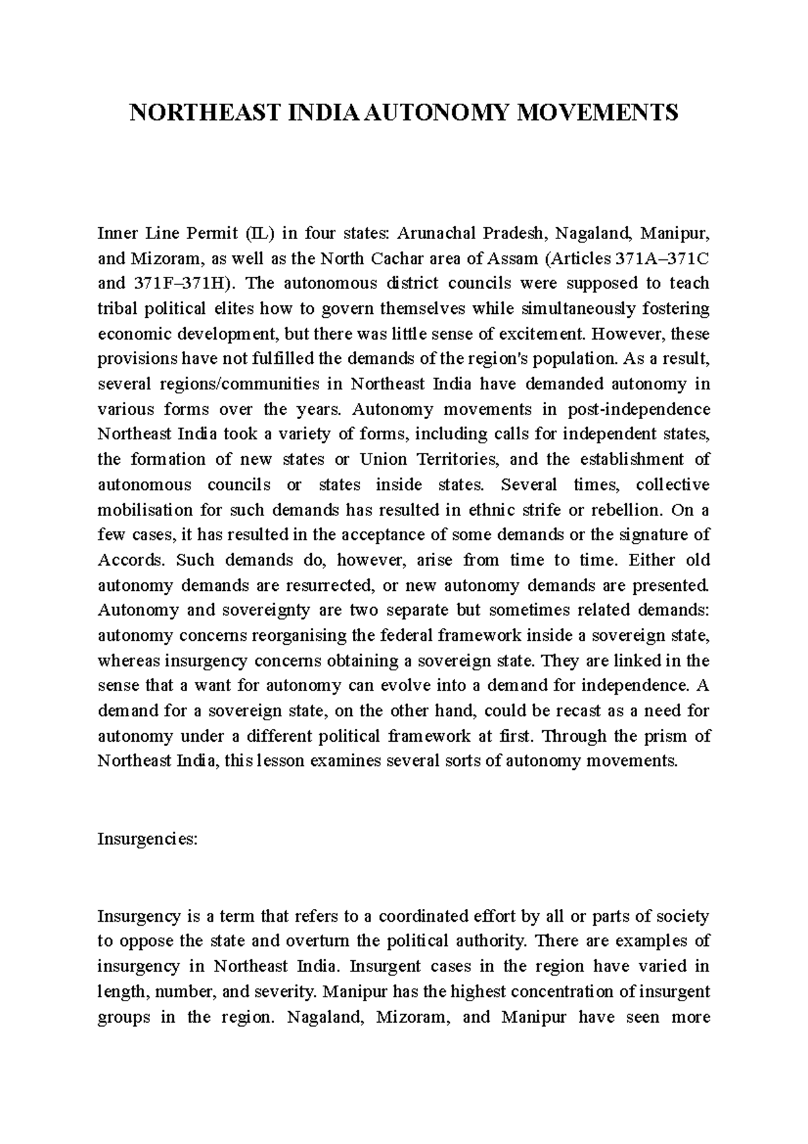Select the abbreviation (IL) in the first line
260,234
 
